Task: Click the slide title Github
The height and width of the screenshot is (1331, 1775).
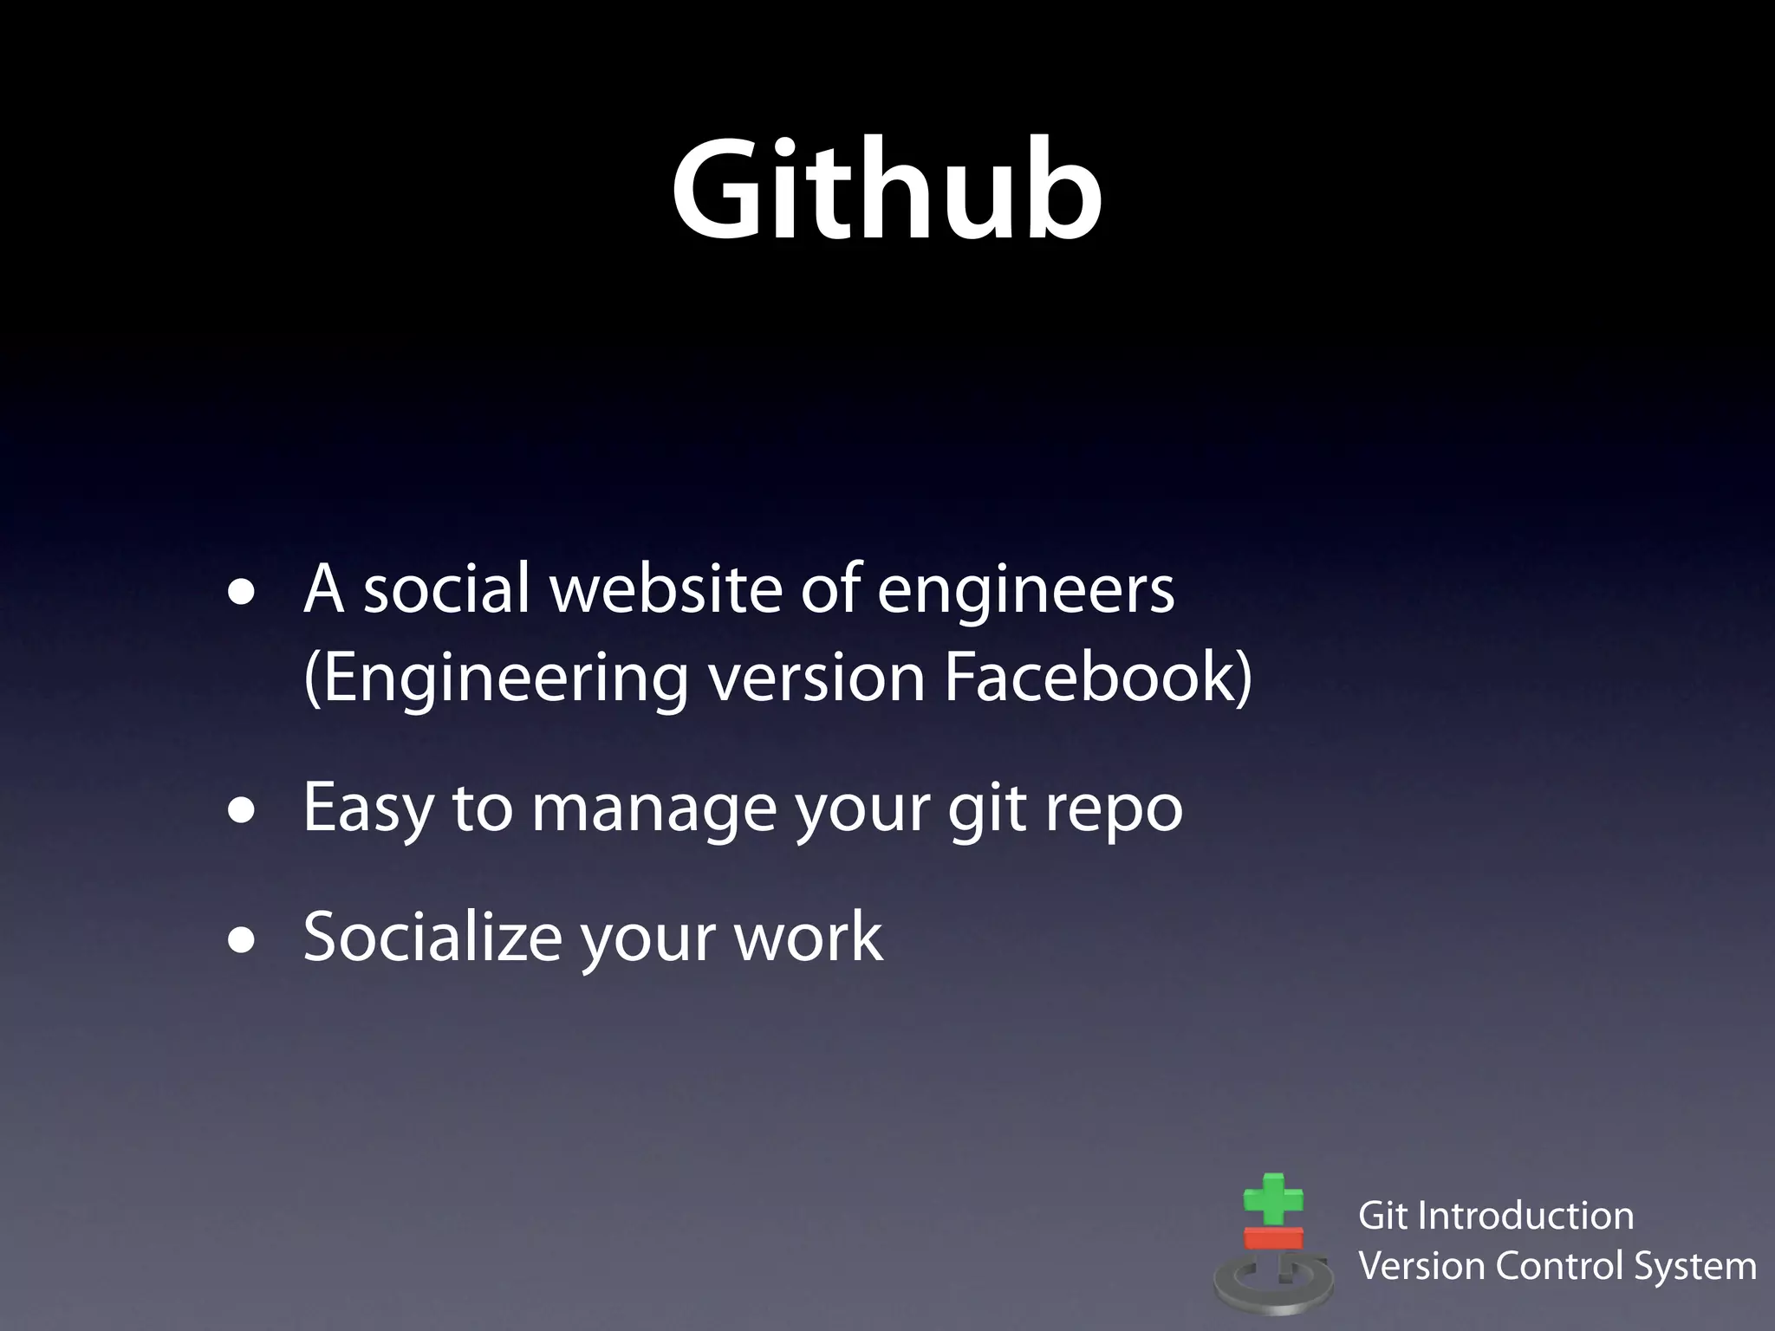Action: coord(887,191)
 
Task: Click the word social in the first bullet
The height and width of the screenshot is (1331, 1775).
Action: coord(445,589)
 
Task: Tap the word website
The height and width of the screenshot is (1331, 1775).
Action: coord(666,589)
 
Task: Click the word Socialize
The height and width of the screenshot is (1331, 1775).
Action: coord(432,937)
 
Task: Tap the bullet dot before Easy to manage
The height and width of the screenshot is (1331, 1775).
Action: coord(242,812)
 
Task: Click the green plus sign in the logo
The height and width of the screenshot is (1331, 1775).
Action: coord(1272,1200)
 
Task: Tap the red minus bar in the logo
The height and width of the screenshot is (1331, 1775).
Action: coord(1273,1237)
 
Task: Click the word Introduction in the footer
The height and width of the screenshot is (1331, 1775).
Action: coord(1525,1216)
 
